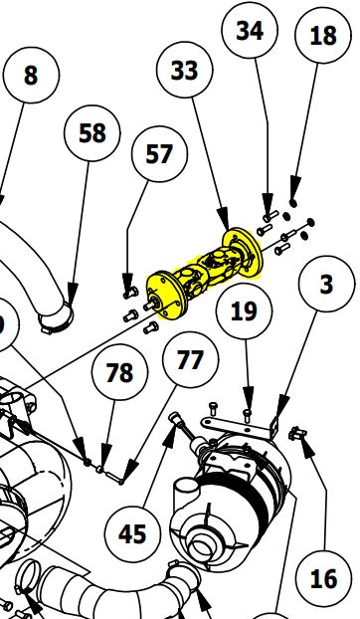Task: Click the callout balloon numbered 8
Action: click(x=31, y=77)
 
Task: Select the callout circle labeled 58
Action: click(x=91, y=133)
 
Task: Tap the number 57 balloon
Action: click(x=158, y=154)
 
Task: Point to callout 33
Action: click(x=185, y=71)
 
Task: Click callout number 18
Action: click(x=323, y=37)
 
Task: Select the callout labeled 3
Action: click(x=326, y=285)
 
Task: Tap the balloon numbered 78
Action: click(x=119, y=373)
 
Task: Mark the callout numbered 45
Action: click(x=131, y=533)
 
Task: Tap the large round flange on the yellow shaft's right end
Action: click(x=241, y=252)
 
